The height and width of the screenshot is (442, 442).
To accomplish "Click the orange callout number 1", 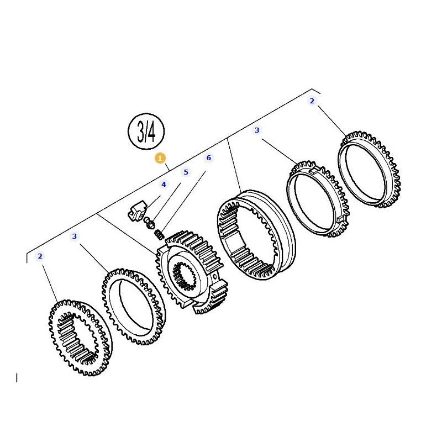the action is [160, 158].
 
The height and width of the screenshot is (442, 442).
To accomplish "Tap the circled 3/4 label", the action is [146, 131].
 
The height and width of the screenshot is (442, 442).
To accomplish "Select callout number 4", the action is [164, 185].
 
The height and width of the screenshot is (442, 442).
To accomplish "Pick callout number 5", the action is [186, 172].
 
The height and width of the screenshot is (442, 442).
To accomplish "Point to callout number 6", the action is [209, 158].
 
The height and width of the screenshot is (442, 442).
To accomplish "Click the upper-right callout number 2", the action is [312, 101].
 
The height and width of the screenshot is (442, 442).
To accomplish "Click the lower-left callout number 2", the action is [40, 256].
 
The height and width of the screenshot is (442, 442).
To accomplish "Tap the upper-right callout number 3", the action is [257, 130].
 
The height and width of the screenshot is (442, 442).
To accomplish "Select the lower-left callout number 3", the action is [75, 236].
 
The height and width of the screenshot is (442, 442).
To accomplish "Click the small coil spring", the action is [159, 234].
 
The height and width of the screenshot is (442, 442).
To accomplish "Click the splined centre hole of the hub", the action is [185, 276].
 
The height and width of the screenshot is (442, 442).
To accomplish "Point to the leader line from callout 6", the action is [184, 200].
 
